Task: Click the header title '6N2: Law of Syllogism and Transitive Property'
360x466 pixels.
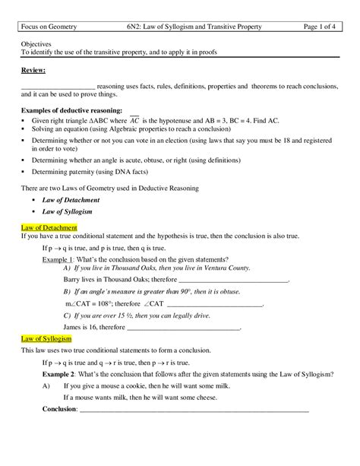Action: click(194, 27)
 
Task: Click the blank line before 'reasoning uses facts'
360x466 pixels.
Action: click(58, 86)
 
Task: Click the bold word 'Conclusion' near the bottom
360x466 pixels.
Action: click(59, 409)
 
